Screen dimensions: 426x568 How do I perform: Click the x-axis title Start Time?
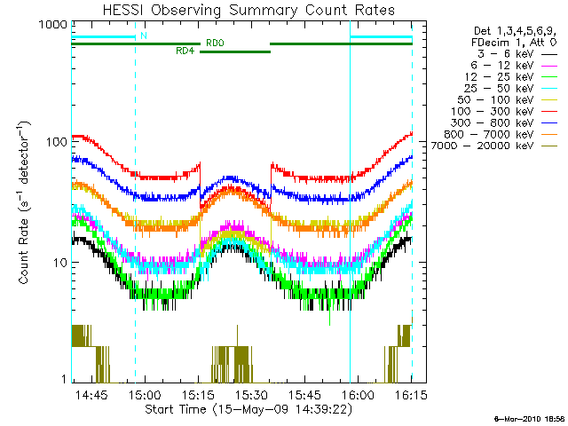coord(241,410)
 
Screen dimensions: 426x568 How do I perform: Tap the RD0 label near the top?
coord(215,43)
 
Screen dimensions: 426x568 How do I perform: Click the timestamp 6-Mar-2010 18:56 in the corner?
coord(529,417)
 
